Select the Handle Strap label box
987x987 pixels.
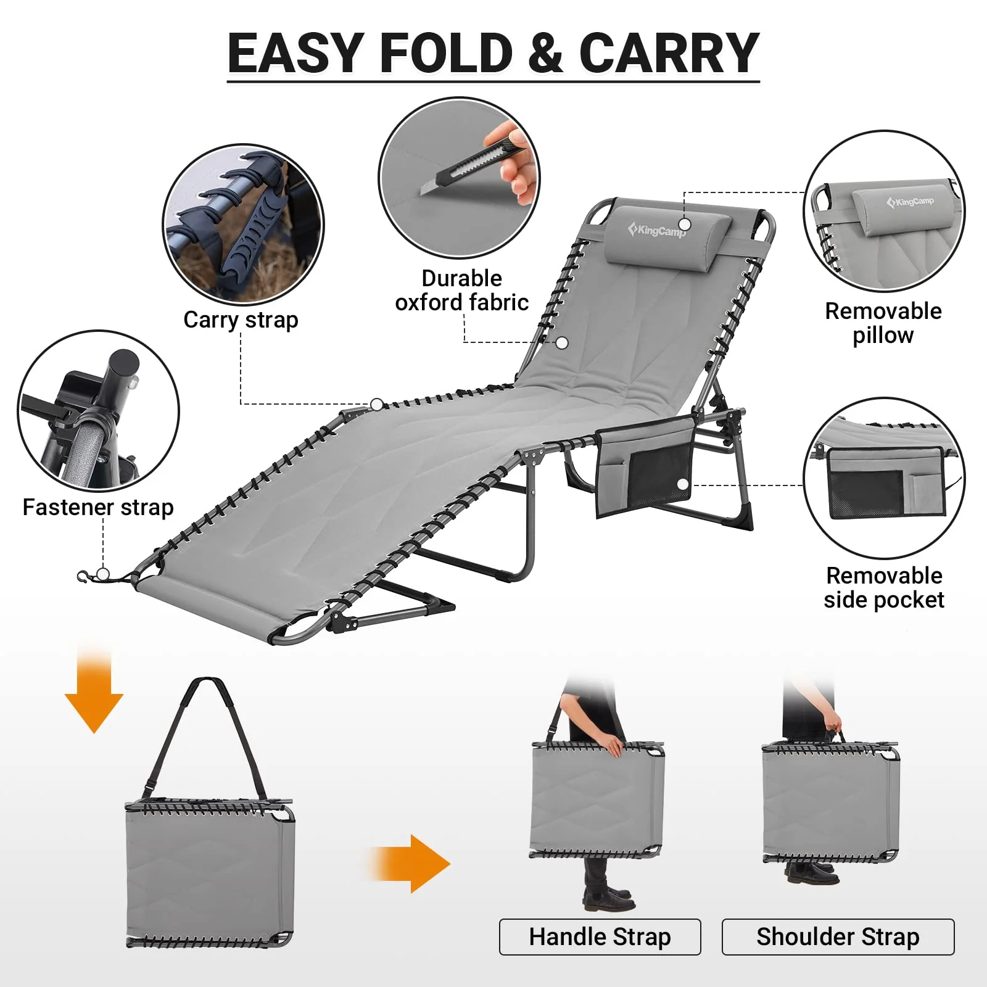600,937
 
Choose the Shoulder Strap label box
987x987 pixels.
838,937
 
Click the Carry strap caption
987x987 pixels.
241,320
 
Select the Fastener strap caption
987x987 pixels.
98,507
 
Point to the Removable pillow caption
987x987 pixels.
883,323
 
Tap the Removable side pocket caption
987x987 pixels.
884,587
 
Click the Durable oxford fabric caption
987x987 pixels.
461,290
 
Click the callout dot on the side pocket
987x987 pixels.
683,485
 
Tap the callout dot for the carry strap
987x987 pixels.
377,405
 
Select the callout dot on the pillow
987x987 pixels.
684,224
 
